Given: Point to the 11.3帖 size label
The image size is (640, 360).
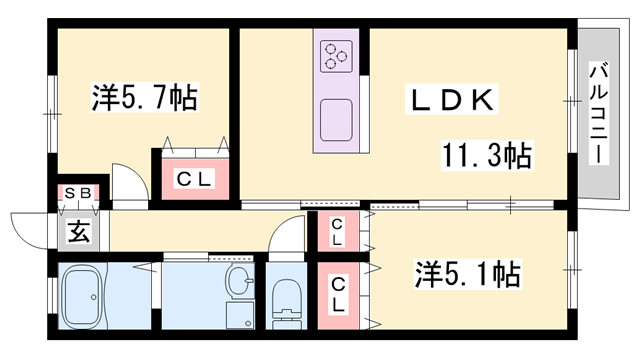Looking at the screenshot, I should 487,155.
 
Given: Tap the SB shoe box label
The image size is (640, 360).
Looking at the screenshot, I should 77,193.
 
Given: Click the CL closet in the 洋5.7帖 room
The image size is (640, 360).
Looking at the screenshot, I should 194,179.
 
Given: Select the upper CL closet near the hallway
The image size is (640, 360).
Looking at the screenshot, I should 338,232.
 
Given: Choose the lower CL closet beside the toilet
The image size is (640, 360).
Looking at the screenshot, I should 338,293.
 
